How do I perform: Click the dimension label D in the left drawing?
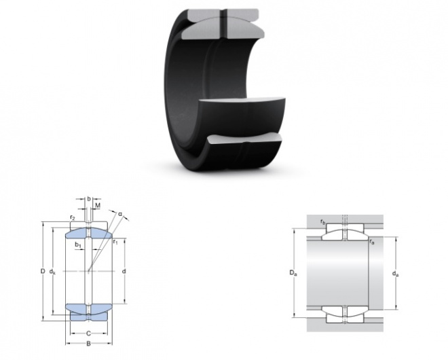[43, 271]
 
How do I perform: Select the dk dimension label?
[52, 271]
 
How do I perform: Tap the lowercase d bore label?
[124, 271]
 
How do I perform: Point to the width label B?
[88, 344]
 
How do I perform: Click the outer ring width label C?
[88, 334]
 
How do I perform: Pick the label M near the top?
[98, 205]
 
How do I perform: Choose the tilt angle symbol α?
[120, 214]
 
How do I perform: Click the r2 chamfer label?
[73, 218]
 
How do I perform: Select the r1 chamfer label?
[115, 242]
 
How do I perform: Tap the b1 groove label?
[78, 245]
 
